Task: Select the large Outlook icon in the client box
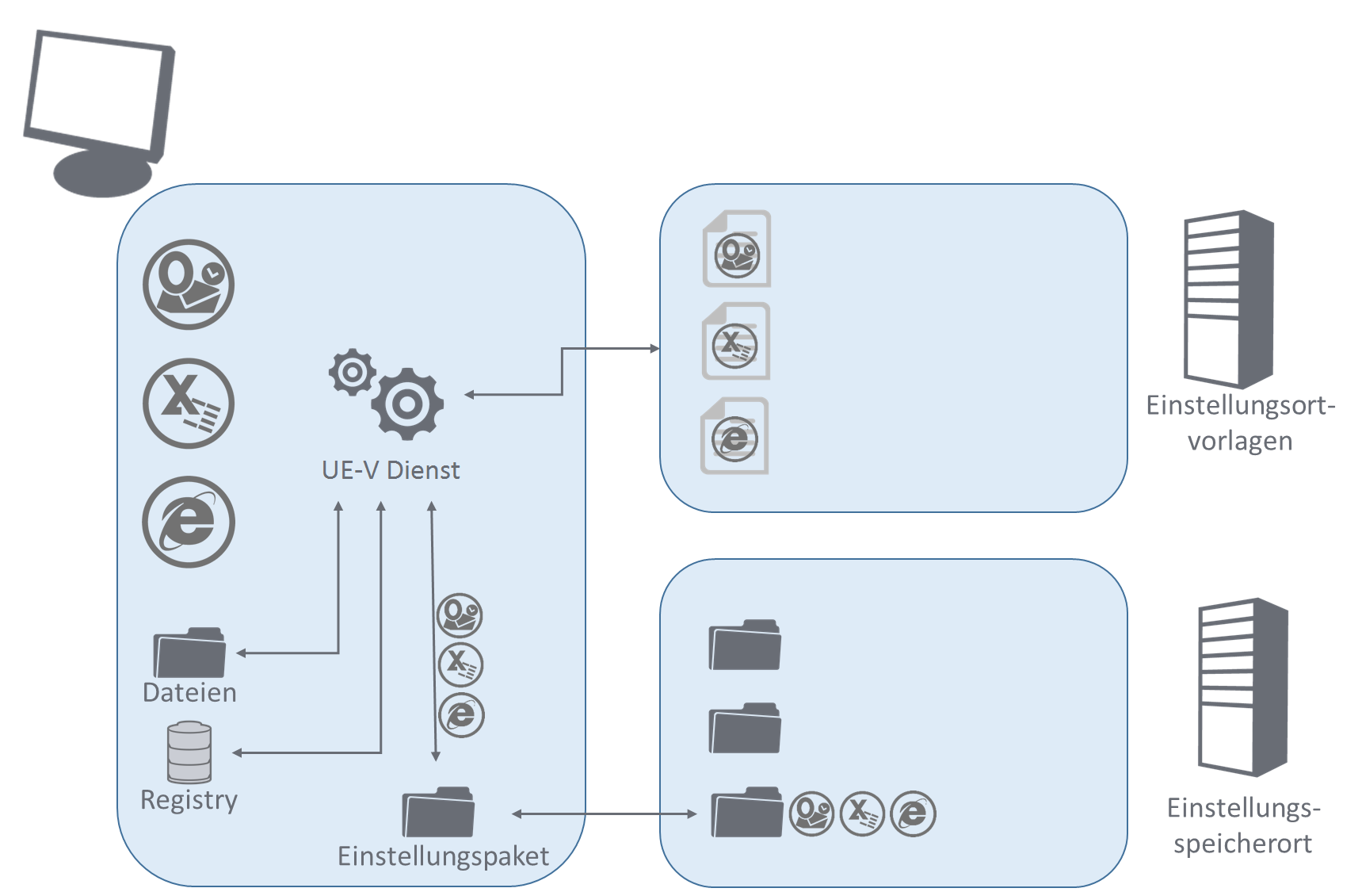[x=189, y=285]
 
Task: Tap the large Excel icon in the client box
[x=189, y=404]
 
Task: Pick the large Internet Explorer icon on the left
[x=189, y=523]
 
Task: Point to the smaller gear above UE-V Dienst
[x=353, y=372]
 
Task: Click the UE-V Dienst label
[x=391, y=470]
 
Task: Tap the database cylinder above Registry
[x=189, y=752]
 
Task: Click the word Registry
[x=189, y=799]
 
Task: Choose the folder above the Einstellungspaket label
[x=438, y=812]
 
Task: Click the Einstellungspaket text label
[x=443, y=856]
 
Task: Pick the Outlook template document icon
[x=737, y=249]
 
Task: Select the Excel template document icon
[x=736, y=342]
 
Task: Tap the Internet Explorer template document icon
[x=734, y=436]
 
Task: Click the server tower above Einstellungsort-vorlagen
[x=1228, y=300]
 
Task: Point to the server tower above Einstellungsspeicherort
[x=1242, y=687]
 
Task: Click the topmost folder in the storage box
[x=745, y=645]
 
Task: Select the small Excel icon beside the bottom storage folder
[x=862, y=814]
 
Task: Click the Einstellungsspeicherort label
[x=1242, y=825]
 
